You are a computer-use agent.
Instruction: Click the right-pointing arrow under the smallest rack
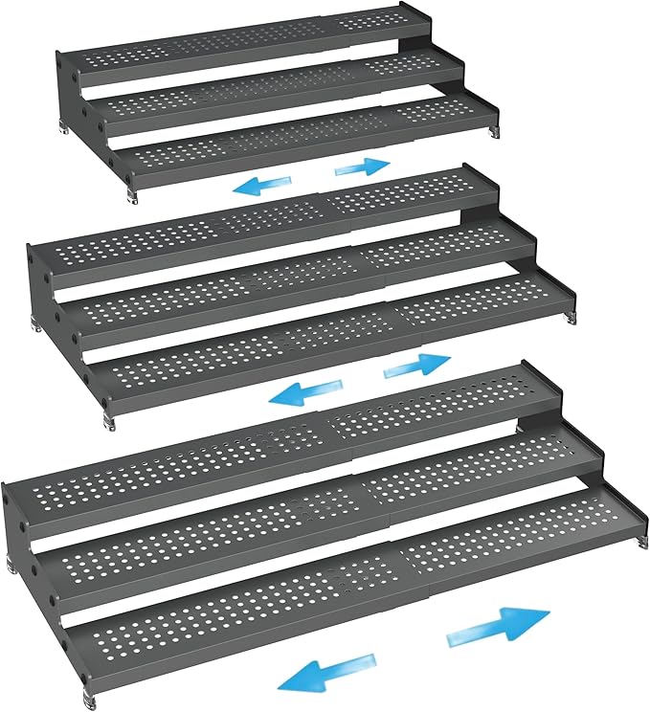click(x=364, y=167)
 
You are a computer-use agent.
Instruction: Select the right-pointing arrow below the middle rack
click(x=416, y=365)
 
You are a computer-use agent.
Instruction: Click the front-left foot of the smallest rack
click(x=132, y=195)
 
